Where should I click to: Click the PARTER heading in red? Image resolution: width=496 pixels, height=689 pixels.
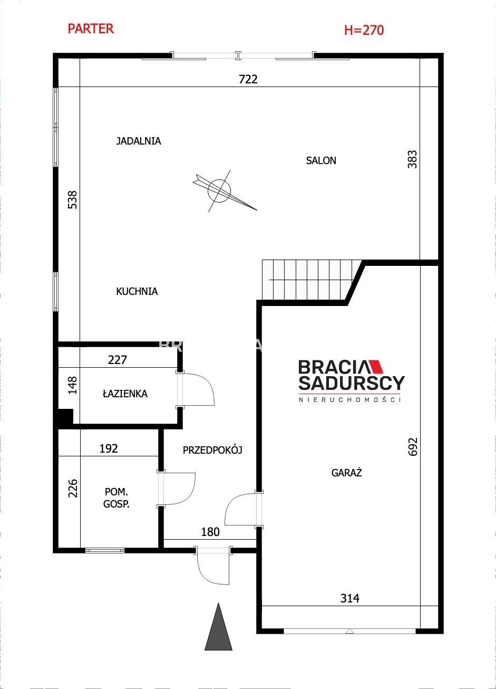coord(91,28)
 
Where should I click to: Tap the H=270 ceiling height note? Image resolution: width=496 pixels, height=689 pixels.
coord(364,30)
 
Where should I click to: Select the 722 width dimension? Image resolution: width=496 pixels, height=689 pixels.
coord(248,79)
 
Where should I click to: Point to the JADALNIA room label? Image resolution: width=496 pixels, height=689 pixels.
coord(139,141)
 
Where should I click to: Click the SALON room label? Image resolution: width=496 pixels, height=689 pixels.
coord(321,160)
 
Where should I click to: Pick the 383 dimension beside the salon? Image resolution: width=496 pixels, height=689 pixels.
coord(412,159)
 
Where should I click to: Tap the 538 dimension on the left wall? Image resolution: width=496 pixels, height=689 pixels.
coord(72,200)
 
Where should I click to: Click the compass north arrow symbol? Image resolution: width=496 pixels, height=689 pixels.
coord(224,191)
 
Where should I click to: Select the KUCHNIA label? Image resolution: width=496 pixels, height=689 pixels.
coord(137,291)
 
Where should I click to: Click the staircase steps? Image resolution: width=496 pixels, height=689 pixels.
coord(310,280)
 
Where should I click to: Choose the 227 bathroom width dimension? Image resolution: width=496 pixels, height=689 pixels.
coord(118,360)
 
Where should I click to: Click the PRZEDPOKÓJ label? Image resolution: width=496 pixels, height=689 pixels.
coord(212,451)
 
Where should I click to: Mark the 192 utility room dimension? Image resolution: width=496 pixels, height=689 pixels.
coord(109,448)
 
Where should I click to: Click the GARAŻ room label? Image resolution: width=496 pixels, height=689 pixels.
coord(346,473)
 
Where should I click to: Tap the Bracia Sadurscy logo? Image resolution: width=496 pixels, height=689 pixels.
coord(351,380)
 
